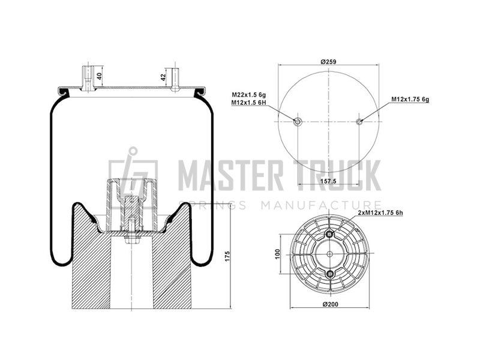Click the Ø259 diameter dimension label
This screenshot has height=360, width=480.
[x=328, y=62]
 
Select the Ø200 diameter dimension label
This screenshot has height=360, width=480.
[x=331, y=304]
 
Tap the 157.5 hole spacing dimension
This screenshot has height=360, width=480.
[x=328, y=181]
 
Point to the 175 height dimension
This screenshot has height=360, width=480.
[x=227, y=256]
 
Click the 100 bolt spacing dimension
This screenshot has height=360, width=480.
[x=278, y=254]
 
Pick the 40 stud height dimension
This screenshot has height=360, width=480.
[x=99, y=76]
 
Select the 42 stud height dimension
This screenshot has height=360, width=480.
[x=163, y=77]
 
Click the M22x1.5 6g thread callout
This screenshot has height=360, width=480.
[x=248, y=95]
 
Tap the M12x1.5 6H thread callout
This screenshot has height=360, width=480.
[x=248, y=103]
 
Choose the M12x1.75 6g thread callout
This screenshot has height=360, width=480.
[x=410, y=99]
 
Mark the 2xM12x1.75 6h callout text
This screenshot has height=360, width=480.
[x=380, y=213]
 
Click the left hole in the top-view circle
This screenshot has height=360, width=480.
[x=298, y=122]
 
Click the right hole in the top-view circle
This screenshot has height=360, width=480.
[x=359, y=122]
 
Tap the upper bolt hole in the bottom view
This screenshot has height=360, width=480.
[x=329, y=235]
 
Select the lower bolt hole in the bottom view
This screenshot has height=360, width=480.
[x=329, y=274]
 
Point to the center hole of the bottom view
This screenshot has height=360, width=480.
[x=329, y=254]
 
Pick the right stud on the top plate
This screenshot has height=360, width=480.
[x=175, y=79]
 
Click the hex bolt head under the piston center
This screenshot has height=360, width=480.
[x=131, y=239]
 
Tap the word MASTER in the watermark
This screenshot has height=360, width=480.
[x=231, y=175]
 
